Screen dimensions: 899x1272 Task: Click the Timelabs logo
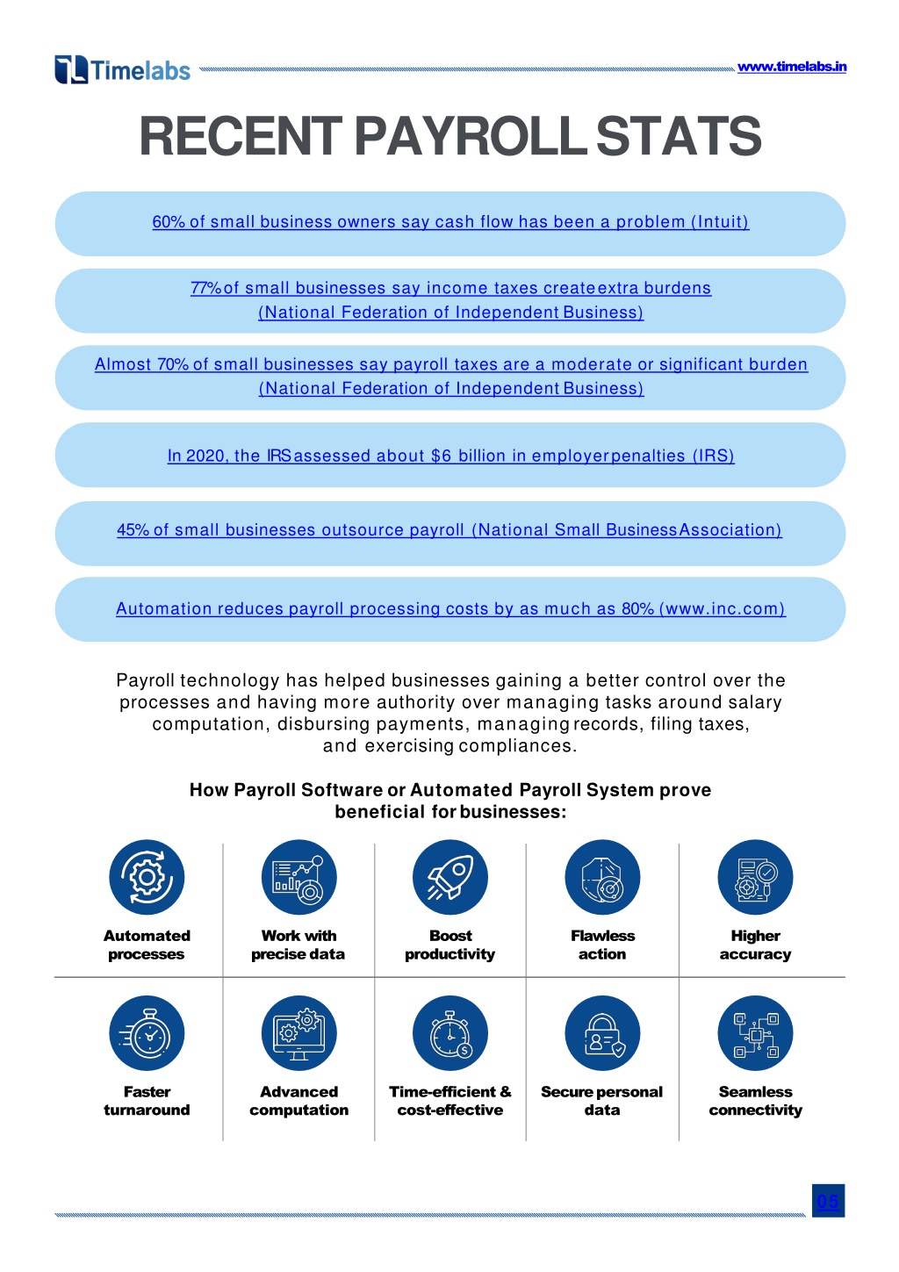[123, 69]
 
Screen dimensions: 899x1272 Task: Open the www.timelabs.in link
[791, 67]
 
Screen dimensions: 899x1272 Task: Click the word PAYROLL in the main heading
[471, 136]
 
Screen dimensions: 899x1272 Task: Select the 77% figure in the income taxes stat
[205, 288]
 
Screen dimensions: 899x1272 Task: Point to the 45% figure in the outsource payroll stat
[133, 530]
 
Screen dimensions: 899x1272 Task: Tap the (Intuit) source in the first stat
[720, 221]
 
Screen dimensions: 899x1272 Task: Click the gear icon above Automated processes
[147, 877]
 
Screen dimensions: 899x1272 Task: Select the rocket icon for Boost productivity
[449, 877]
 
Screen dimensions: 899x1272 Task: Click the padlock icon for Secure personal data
[602, 1033]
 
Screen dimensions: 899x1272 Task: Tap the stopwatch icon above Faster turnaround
[147, 1033]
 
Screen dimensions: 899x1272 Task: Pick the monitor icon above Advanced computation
[298, 1033]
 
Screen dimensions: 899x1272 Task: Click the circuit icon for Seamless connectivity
[755, 1033]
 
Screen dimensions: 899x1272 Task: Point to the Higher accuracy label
[755, 945]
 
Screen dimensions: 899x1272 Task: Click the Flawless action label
[602, 945]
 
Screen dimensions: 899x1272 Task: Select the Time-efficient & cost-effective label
[449, 1101]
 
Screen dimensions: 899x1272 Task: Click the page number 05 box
[828, 1201]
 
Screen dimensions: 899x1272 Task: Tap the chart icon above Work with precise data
[298, 877]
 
